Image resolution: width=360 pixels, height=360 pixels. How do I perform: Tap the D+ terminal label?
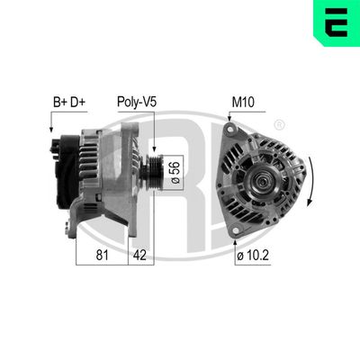tap(78, 103)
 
